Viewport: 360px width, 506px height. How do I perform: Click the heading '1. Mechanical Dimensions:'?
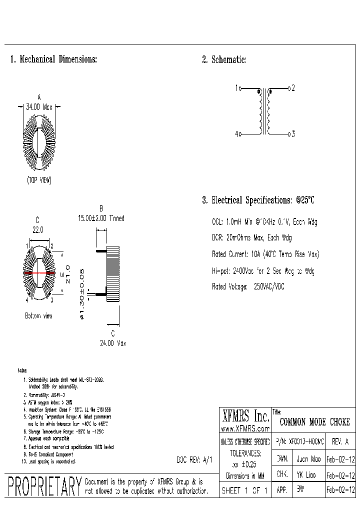coord(53,59)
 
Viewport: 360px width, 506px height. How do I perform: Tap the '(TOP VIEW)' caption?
coord(39,180)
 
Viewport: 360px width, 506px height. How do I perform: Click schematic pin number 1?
coord(236,88)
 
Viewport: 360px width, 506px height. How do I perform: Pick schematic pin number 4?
coord(236,134)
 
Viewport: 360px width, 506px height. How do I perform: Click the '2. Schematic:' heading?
coord(224,59)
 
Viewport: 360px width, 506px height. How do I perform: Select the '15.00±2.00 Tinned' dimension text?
coord(101,218)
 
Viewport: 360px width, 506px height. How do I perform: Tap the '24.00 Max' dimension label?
coord(112,343)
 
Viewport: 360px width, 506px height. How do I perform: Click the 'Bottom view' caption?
coord(38,316)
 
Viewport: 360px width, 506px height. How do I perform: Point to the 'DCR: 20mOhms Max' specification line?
coord(252,238)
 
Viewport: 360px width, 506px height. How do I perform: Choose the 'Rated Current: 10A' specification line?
coord(265,254)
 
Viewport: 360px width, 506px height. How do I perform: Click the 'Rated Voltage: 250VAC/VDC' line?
coord(254,287)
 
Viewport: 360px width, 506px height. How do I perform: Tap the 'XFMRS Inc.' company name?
coord(245,416)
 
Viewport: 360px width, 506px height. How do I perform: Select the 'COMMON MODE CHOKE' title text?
coord(314,422)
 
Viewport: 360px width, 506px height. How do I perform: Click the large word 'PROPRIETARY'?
coord(44,487)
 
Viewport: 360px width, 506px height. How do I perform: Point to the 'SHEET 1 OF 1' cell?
coord(245,491)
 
